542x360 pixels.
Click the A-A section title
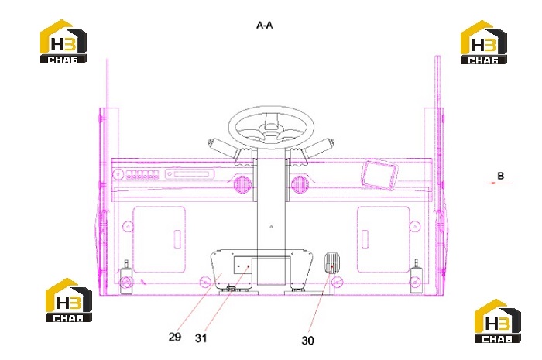pos(265,26)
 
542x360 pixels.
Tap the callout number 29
pos(175,337)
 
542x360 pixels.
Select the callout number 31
pos(201,338)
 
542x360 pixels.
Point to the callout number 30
pos(307,341)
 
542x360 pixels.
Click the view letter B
pos(500,176)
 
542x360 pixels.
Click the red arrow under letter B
pos(499,183)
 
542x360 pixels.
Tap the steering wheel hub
pos(271,129)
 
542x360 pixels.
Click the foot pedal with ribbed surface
pos(332,263)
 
